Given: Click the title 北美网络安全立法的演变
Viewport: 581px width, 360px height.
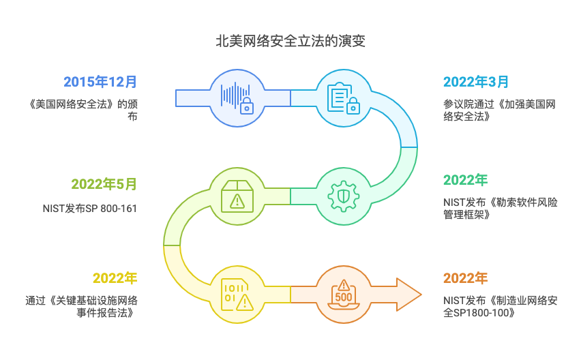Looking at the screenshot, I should [290, 41].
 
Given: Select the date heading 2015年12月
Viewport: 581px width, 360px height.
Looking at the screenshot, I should [100, 82].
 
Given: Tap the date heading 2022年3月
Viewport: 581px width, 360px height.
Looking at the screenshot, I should [476, 82].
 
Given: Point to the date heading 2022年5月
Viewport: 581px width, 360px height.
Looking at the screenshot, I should [104, 184].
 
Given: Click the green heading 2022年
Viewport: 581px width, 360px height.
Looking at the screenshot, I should [466, 180].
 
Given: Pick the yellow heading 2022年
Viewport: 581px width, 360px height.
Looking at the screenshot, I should [115, 277].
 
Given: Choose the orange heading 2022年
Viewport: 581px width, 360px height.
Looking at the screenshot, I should [466, 277].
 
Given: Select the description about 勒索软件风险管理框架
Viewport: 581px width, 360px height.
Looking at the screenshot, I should [500, 209].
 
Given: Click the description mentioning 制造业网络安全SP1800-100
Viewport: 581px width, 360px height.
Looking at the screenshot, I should [500, 306].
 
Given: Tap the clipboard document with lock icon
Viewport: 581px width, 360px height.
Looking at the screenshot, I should [343, 97].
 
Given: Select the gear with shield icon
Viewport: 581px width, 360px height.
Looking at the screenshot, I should [343, 196].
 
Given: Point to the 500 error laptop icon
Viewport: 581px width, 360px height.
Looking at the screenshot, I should [343, 294].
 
